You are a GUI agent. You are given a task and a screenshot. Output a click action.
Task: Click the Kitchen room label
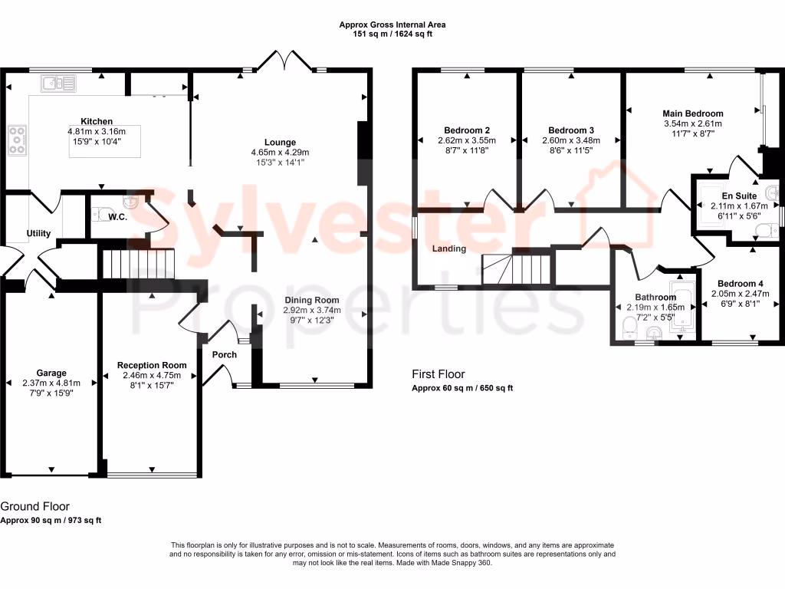pos(97,121)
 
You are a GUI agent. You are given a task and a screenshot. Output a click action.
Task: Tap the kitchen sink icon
pos(57,82)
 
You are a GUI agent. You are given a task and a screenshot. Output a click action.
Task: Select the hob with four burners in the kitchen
pos(17,140)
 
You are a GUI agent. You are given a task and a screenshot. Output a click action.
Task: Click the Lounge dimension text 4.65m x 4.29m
pos(280,153)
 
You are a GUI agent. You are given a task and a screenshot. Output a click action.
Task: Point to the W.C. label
pos(118,217)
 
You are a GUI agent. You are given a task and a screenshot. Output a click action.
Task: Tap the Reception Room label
pos(152,365)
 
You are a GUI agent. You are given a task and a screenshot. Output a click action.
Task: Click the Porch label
pos(225,354)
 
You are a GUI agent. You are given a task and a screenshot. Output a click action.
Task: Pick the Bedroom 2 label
pos(467,130)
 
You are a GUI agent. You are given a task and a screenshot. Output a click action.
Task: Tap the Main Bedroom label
pos(693,114)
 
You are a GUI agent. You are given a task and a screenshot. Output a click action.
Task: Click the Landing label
pos(449,248)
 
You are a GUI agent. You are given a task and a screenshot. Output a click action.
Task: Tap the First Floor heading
pos(438,374)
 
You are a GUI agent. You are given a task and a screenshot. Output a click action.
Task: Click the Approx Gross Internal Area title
pos(392,25)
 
